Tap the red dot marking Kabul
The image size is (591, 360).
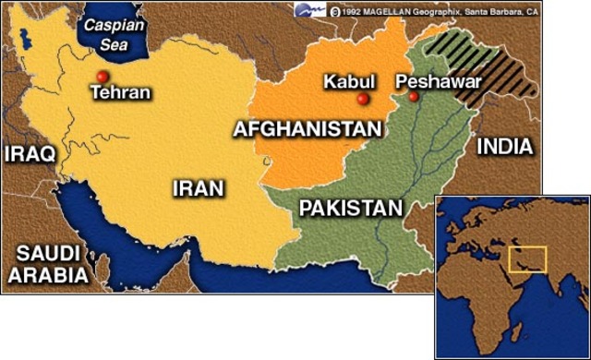363,99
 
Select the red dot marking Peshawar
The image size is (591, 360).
413,96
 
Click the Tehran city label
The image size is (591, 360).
120,92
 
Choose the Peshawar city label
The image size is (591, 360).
439,81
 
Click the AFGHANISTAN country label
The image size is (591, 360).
308,128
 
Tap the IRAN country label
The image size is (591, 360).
198,189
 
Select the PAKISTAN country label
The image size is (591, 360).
351,208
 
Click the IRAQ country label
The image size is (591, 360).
30,153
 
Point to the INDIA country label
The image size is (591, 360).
504,147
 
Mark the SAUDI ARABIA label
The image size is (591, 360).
46,262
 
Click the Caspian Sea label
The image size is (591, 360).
109,34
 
